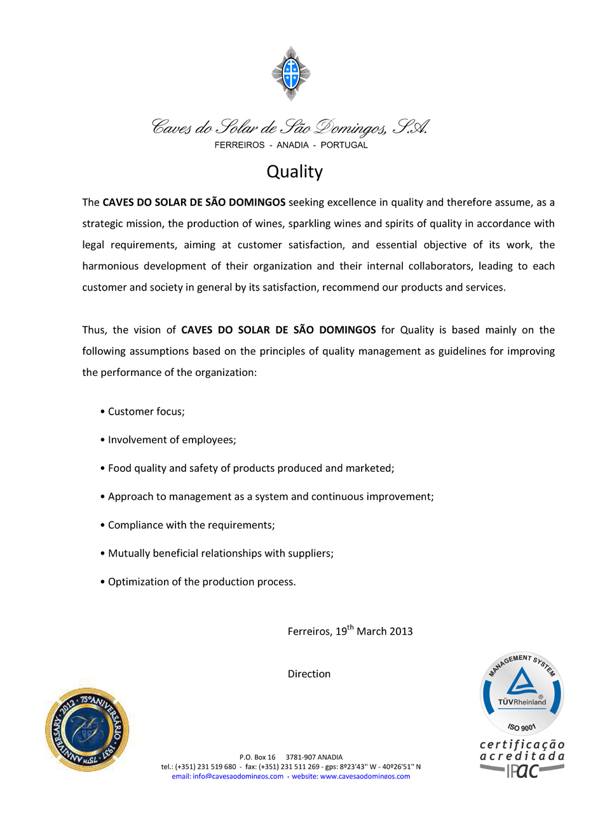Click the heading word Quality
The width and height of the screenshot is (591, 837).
click(x=294, y=172)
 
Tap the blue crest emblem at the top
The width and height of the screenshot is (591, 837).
click(x=291, y=73)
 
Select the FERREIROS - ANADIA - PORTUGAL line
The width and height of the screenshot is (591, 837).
click(x=291, y=145)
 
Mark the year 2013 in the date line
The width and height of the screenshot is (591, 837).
click(x=401, y=632)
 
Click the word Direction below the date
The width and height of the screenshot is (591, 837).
click(x=309, y=674)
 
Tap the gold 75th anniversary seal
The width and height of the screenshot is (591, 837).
click(x=88, y=730)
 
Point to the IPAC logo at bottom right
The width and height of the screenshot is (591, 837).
click(x=523, y=770)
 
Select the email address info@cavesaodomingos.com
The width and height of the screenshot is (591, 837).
click(x=238, y=777)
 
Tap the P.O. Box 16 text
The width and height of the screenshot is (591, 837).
click(x=257, y=757)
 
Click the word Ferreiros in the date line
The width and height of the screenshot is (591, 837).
click(x=309, y=632)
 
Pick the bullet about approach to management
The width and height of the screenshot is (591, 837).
click(x=271, y=497)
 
